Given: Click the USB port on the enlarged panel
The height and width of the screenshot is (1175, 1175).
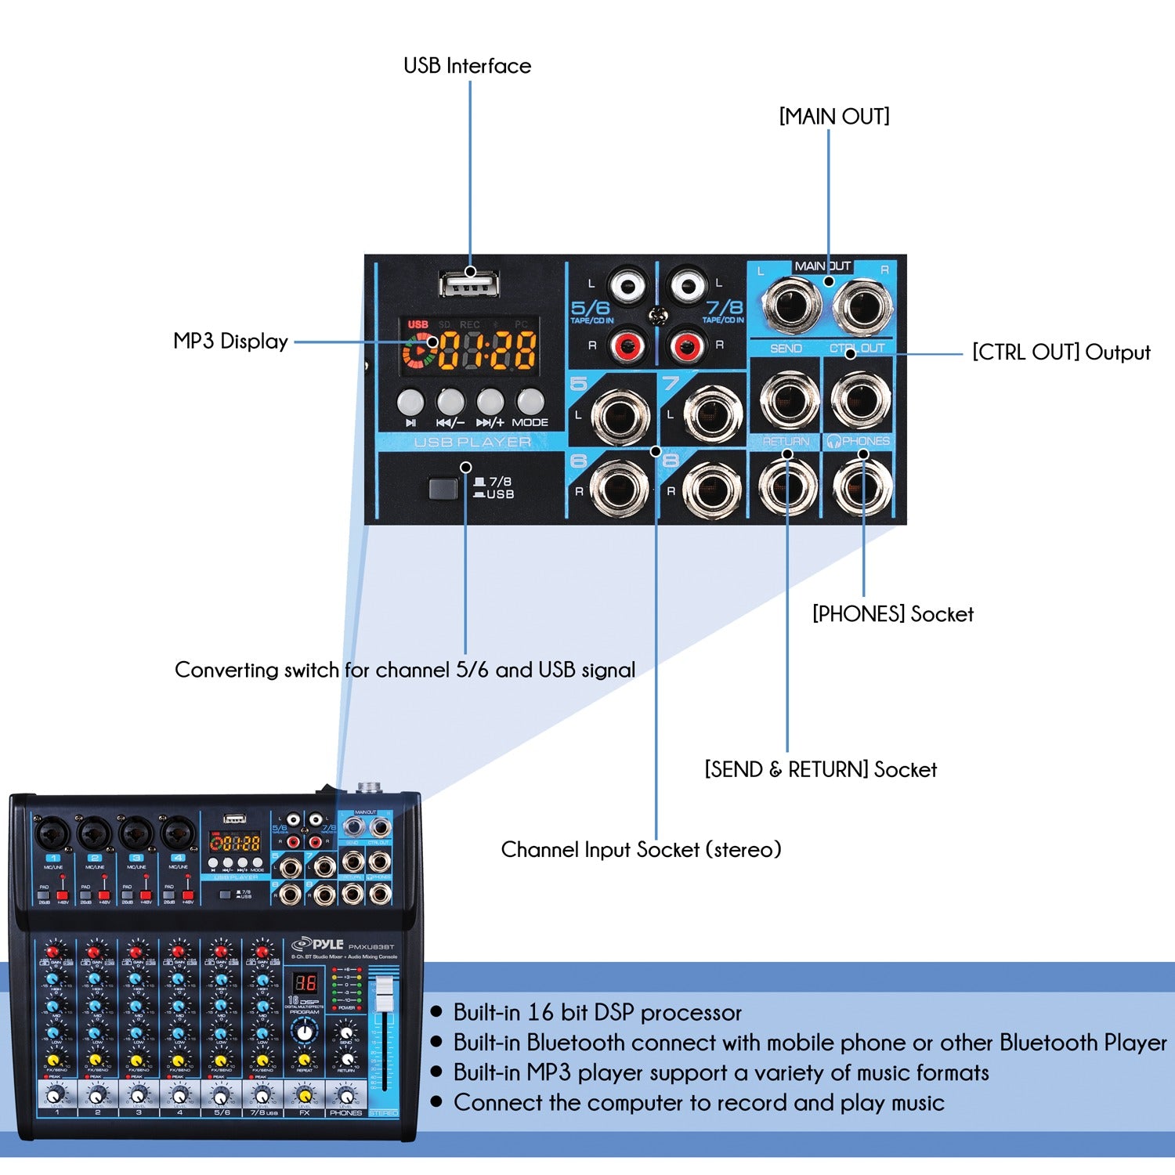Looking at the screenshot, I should (469, 283).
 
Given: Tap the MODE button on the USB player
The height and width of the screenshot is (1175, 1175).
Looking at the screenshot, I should (530, 402).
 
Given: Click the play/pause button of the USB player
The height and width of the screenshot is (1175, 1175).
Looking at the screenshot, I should (410, 402).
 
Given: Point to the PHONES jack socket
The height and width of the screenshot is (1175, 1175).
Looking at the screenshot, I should (862, 486).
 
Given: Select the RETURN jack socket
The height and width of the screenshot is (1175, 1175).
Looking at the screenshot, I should (788, 486).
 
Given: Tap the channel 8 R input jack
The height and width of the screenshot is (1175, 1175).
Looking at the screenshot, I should (712, 489).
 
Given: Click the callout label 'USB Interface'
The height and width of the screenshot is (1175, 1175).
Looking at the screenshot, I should (467, 66).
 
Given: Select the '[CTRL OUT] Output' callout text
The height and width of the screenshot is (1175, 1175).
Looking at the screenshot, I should (1061, 352).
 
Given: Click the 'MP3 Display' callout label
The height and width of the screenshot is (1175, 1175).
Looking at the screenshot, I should (230, 342).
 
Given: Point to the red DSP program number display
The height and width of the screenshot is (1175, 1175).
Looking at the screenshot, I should (305, 982).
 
